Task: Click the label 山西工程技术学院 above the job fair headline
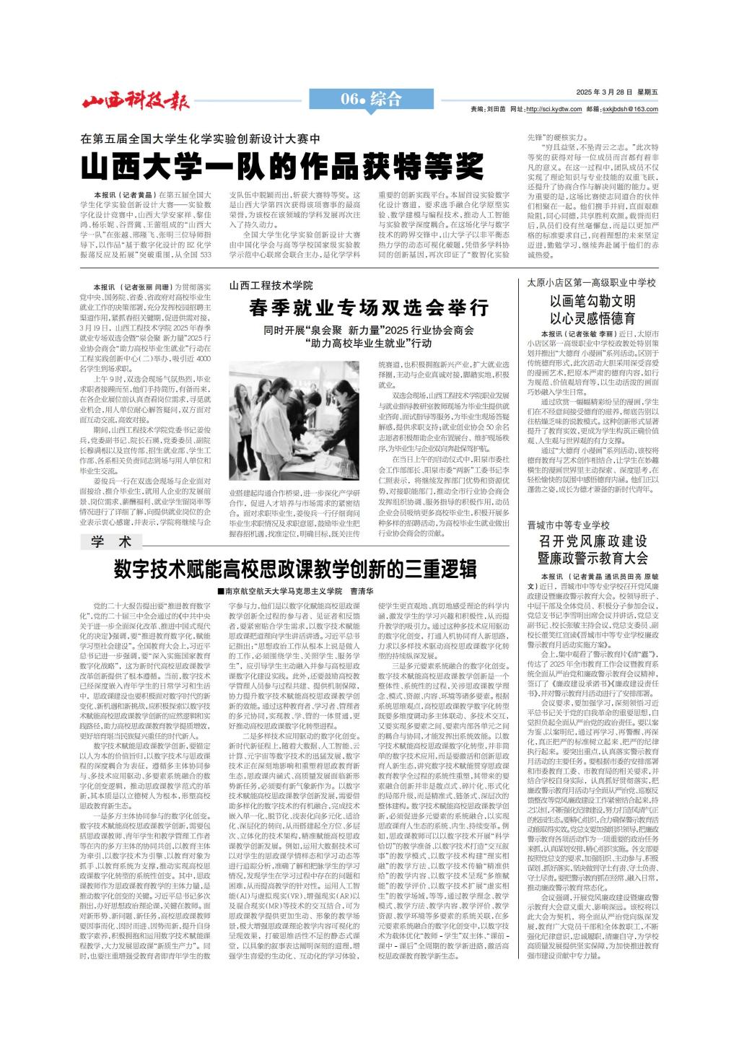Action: pos(271,286)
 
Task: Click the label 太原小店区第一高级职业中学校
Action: pos(591,282)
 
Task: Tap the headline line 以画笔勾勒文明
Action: pos(592,301)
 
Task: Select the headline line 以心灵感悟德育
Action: pos(592,318)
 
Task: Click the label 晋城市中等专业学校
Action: pos(568,525)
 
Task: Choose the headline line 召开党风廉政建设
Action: pos(592,541)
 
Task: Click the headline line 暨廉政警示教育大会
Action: pos(592,558)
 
